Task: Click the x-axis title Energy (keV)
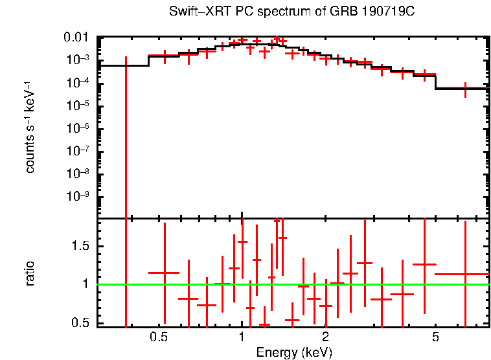294,352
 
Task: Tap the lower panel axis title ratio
30,274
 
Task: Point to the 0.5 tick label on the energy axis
158,337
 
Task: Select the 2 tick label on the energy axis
325,337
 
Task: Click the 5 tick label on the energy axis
435,337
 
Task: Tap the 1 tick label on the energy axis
242,337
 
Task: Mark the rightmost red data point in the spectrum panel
465,87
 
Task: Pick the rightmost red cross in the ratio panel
465,274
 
